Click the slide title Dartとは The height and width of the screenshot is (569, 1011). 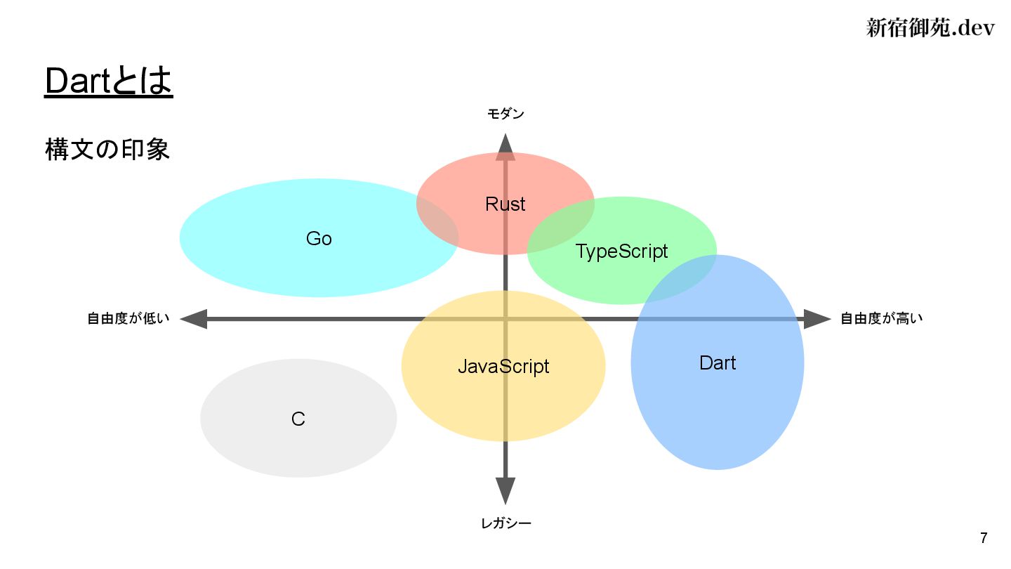click(108, 81)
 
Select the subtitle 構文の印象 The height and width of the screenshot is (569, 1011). click(107, 150)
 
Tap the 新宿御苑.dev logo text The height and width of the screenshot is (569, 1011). click(930, 28)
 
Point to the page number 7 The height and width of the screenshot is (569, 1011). click(984, 539)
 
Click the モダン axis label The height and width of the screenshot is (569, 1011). click(505, 114)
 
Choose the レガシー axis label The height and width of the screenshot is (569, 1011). click(505, 523)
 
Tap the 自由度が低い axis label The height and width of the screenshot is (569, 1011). click(128, 319)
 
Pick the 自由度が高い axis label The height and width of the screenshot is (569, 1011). click(882, 319)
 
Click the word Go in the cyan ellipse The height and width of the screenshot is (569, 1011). click(319, 239)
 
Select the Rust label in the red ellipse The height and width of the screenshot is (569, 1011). click(505, 204)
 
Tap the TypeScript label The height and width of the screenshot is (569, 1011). click(621, 251)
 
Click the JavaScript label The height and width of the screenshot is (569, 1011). click(503, 366)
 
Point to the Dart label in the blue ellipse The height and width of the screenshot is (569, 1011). click(718, 362)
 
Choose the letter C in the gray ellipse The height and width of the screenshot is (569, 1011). click(298, 419)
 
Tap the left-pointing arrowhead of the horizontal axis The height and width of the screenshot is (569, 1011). click(194, 319)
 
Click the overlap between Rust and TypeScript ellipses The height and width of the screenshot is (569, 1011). click(562, 221)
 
